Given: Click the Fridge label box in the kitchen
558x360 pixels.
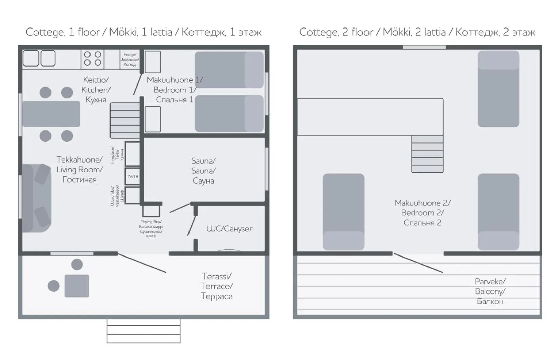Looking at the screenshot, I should tap(129, 59).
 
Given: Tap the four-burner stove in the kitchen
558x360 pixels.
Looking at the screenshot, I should tap(93, 59).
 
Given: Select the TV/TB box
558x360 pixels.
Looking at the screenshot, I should tap(133, 176).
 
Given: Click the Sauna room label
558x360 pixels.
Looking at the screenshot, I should tap(203, 171).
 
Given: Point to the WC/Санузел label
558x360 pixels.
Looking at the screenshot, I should tap(230, 229).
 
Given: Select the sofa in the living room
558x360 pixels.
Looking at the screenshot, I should tap(37, 198).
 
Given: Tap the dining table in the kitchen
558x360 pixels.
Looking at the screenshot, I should tap(51, 114).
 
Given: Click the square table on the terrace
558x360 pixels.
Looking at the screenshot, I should tap(77, 286).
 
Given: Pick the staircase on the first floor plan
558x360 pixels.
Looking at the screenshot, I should tap(125, 120).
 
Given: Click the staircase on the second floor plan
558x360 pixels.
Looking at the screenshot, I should tap(427, 154).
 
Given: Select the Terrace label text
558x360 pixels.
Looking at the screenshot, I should tap(216, 286).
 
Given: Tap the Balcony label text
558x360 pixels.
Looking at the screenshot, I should tap(490, 291).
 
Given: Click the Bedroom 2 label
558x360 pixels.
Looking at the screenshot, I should tap(422, 212).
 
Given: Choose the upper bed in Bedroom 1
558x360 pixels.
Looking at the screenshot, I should tap(229, 70).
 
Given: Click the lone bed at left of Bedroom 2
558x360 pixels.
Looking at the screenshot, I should tap(343, 212).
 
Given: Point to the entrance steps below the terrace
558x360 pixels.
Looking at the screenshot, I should tap(143, 331).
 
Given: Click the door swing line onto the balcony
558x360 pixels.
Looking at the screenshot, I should tap(418, 263).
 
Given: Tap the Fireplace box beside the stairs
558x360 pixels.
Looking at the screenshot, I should tap(132, 154).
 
